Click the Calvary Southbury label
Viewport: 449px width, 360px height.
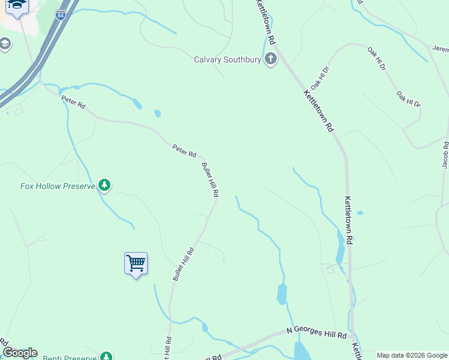coord(228,59)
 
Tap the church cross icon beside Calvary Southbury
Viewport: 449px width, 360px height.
coord(271,59)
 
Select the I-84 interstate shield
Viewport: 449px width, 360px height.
coord(61,15)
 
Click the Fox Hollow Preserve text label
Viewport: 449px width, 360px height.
coord(58,186)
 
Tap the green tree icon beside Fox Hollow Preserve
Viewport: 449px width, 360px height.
coord(105,185)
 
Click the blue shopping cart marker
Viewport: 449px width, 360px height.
coord(136,263)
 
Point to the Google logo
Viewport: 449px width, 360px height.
coord(20,353)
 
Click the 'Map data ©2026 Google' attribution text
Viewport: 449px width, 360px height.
coord(412,355)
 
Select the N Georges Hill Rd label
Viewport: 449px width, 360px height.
coord(317,333)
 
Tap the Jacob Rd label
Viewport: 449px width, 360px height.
coord(445,155)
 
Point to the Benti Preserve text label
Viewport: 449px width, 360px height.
coord(70,358)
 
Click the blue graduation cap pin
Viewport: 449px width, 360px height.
coord(16,7)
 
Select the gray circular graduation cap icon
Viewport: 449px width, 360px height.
coord(5,44)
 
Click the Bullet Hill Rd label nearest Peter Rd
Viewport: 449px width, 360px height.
coord(210,180)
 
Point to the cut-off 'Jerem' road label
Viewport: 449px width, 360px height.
coord(440,48)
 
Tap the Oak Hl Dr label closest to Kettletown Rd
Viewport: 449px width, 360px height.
coord(321,77)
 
